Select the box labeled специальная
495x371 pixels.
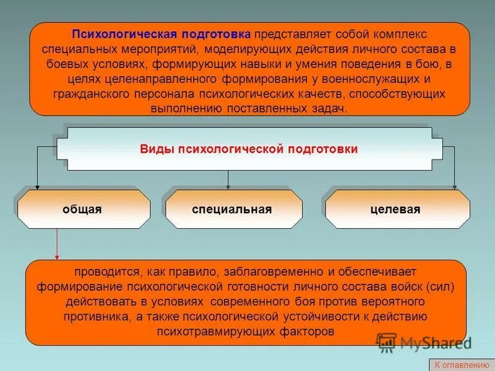(233, 209)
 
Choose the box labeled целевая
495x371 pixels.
(397, 209)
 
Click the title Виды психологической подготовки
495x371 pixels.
(249, 149)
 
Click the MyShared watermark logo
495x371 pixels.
(424, 342)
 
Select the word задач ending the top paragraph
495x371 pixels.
(331, 108)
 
